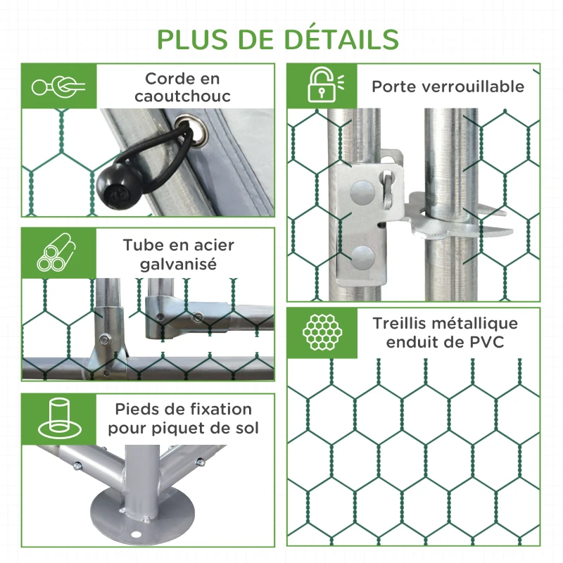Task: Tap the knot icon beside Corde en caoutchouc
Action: [58, 87]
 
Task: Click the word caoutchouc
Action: [182, 96]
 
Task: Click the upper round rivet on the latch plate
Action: [362, 192]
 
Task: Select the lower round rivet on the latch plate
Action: [362, 258]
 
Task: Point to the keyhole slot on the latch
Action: [388, 189]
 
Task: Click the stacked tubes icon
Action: [56, 253]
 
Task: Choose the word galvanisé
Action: [178, 265]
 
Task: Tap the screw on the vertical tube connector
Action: [104, 339]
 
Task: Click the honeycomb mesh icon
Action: [322, 332]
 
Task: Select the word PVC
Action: [487, 342]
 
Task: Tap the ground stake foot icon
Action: [59, 418]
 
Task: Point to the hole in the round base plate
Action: [136, 535]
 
